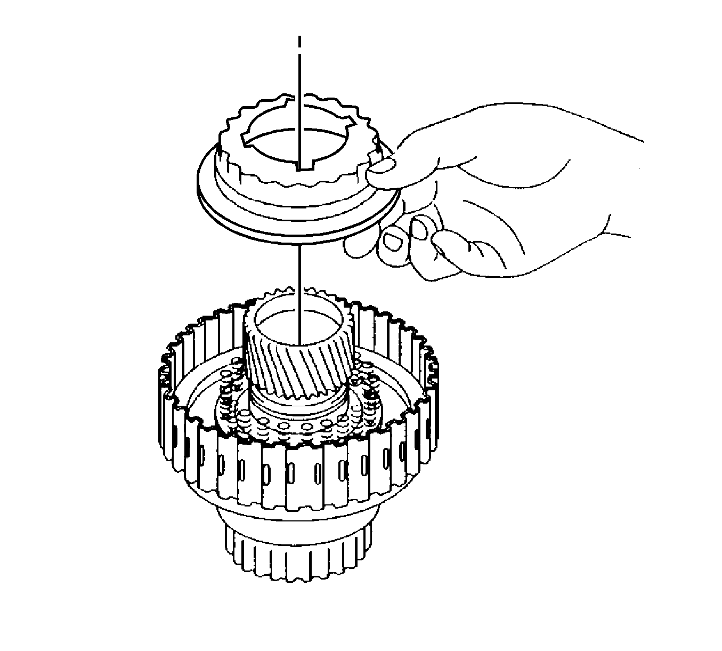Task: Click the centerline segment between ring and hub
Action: pos(300,272)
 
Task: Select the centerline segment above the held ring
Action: pos(300,80)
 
